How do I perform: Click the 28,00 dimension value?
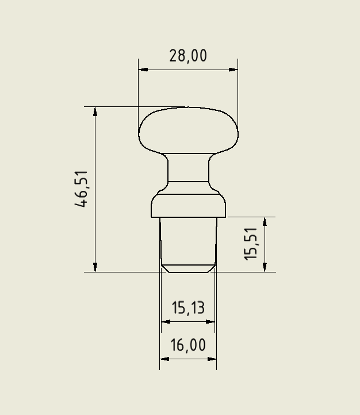pos(187,56)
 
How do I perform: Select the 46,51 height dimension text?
pos(82,189)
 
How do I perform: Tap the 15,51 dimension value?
pos(251,244)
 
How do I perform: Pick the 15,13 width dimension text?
pos(188,308)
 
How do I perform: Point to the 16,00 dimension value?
pos(188,345)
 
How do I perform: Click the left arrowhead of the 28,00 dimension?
pos(143,70)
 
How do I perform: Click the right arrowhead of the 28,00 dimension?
pos(233,70)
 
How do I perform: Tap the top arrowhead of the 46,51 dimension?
pos(95,111)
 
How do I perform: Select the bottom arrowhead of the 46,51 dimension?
pos(95,267)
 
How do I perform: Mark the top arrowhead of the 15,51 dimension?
pos(265,222)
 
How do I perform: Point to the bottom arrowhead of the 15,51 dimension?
pos(265,267)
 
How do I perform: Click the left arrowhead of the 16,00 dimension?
pos(164,359)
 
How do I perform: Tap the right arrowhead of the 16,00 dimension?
pos(212,359)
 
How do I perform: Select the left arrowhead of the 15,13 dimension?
pos(166,322)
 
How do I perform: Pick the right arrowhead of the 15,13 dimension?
pos(210,322)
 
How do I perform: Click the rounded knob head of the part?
pos(188,131)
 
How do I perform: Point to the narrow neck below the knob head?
pos(188,168)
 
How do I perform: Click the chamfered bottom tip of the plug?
pos(188,268)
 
